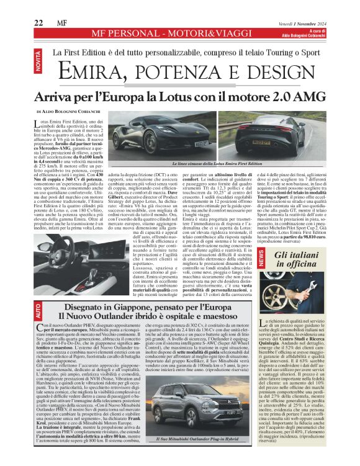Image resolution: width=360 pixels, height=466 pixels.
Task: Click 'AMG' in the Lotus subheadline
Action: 306,97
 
